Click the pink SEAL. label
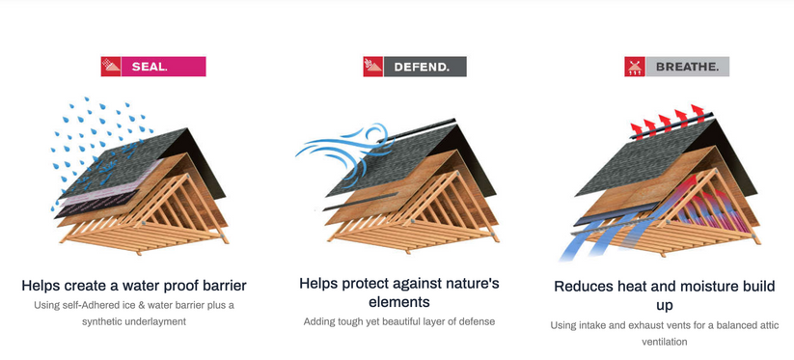[164, 67]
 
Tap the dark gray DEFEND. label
[424, 67]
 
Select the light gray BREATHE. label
[687, 67]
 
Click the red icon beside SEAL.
[111, 67]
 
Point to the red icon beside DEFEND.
[373, 67]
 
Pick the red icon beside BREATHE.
[635, 67]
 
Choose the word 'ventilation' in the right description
[665, 342]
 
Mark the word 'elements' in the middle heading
[399, 302]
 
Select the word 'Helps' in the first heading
[41, 286]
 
